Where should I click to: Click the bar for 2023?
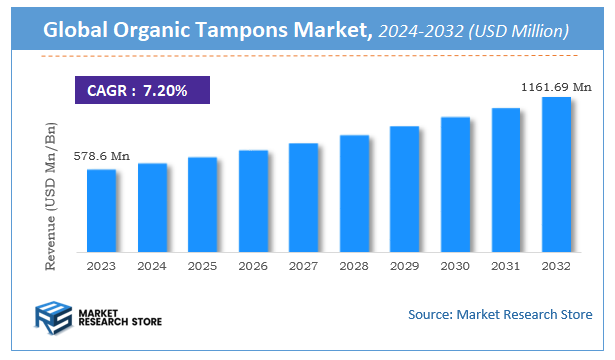[101, 212]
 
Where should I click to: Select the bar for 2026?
[253, 203]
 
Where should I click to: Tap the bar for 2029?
[404, 191]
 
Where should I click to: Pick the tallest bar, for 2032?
[556, 176]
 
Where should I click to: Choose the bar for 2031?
[505, 181]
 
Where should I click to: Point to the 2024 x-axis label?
[152, 266]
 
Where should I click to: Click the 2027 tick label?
[303, 266]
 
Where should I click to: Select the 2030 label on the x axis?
[455, 266]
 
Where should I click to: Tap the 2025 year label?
[202, 266]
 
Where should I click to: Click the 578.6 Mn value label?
[101, 157]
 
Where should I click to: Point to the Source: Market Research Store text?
[499, 315]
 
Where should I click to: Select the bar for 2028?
[354, 195]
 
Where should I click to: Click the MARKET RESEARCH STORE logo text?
[119, 317]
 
